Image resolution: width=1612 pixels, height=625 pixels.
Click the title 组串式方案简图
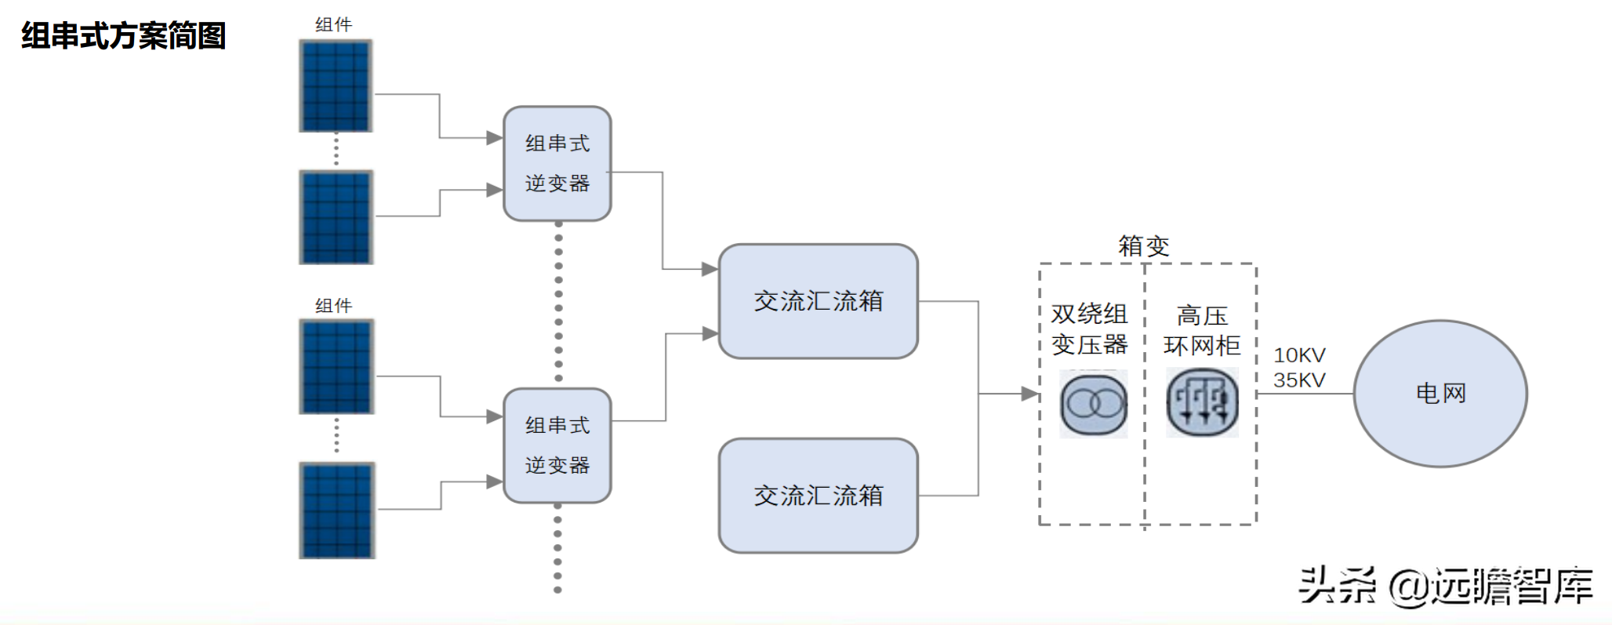(x=124, y=36)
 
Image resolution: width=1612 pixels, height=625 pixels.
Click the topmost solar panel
(x=336, y=86)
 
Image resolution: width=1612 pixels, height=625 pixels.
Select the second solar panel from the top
(x=336, y=217)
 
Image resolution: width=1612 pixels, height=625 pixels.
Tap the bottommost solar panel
(x=337, y=511)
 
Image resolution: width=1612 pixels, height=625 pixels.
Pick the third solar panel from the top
(x=336, y=366)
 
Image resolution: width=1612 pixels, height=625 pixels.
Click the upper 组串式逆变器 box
(x=557, y=164)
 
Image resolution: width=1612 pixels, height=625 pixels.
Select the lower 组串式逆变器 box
(x=557, y=445)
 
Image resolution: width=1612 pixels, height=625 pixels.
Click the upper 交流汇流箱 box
(x=819, y=301)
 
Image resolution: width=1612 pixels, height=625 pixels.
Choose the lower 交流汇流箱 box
(x=819, y=496)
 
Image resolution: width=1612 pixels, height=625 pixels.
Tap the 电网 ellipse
(x=1440, y=393)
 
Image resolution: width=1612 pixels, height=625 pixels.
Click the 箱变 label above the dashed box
(x=1144, y=246)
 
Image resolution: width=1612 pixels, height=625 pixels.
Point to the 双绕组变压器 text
(x=1090, y=329)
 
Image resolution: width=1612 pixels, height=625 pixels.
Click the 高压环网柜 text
(x=1202, y=331)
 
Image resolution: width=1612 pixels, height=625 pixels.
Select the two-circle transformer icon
(x=1094, y=404)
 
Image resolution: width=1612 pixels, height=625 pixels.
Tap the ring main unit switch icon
(x=1203, y=403)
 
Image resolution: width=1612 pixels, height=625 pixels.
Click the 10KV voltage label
(x=1299, y=355)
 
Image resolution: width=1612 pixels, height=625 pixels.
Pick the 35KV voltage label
(x=1299, y=380)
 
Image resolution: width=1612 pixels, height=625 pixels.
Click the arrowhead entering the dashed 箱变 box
(x=1030, y=394)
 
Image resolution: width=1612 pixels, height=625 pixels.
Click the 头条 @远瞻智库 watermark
(x=1446, y=585)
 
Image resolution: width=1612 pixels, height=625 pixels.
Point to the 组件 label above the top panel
(x=334, y=25)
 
